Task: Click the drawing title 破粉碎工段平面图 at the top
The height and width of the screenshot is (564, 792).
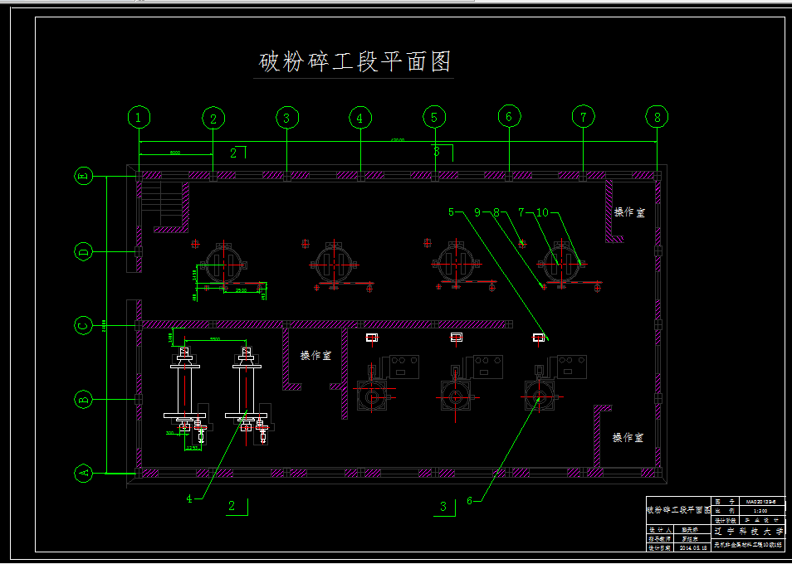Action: tap(355, 62)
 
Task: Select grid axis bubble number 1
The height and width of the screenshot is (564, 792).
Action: tap(139, 118)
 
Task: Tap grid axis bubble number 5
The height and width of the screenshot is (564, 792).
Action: tap(433, 118)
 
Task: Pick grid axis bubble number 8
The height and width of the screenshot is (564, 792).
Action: tap(658, 118)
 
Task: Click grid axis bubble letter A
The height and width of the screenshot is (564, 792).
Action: tap(83, 474)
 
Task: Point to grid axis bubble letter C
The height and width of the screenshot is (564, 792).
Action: tap(83, 325)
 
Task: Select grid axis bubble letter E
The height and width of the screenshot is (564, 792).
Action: tap(83, 176)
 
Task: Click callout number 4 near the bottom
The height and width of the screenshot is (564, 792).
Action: tap(189, 498)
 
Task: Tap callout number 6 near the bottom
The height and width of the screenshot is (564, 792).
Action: tap(469, 500)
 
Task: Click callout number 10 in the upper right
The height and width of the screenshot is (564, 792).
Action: tap(542, 212)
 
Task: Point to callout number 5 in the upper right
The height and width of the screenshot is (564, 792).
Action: tap(452, 212)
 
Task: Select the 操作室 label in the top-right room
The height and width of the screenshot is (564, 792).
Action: tap(629, 212)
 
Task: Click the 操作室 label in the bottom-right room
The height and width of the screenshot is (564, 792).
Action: tap(628, 437)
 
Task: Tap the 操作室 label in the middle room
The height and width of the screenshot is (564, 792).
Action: tap(315, 355)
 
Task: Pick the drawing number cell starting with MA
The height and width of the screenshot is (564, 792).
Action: tap(760, 501)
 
